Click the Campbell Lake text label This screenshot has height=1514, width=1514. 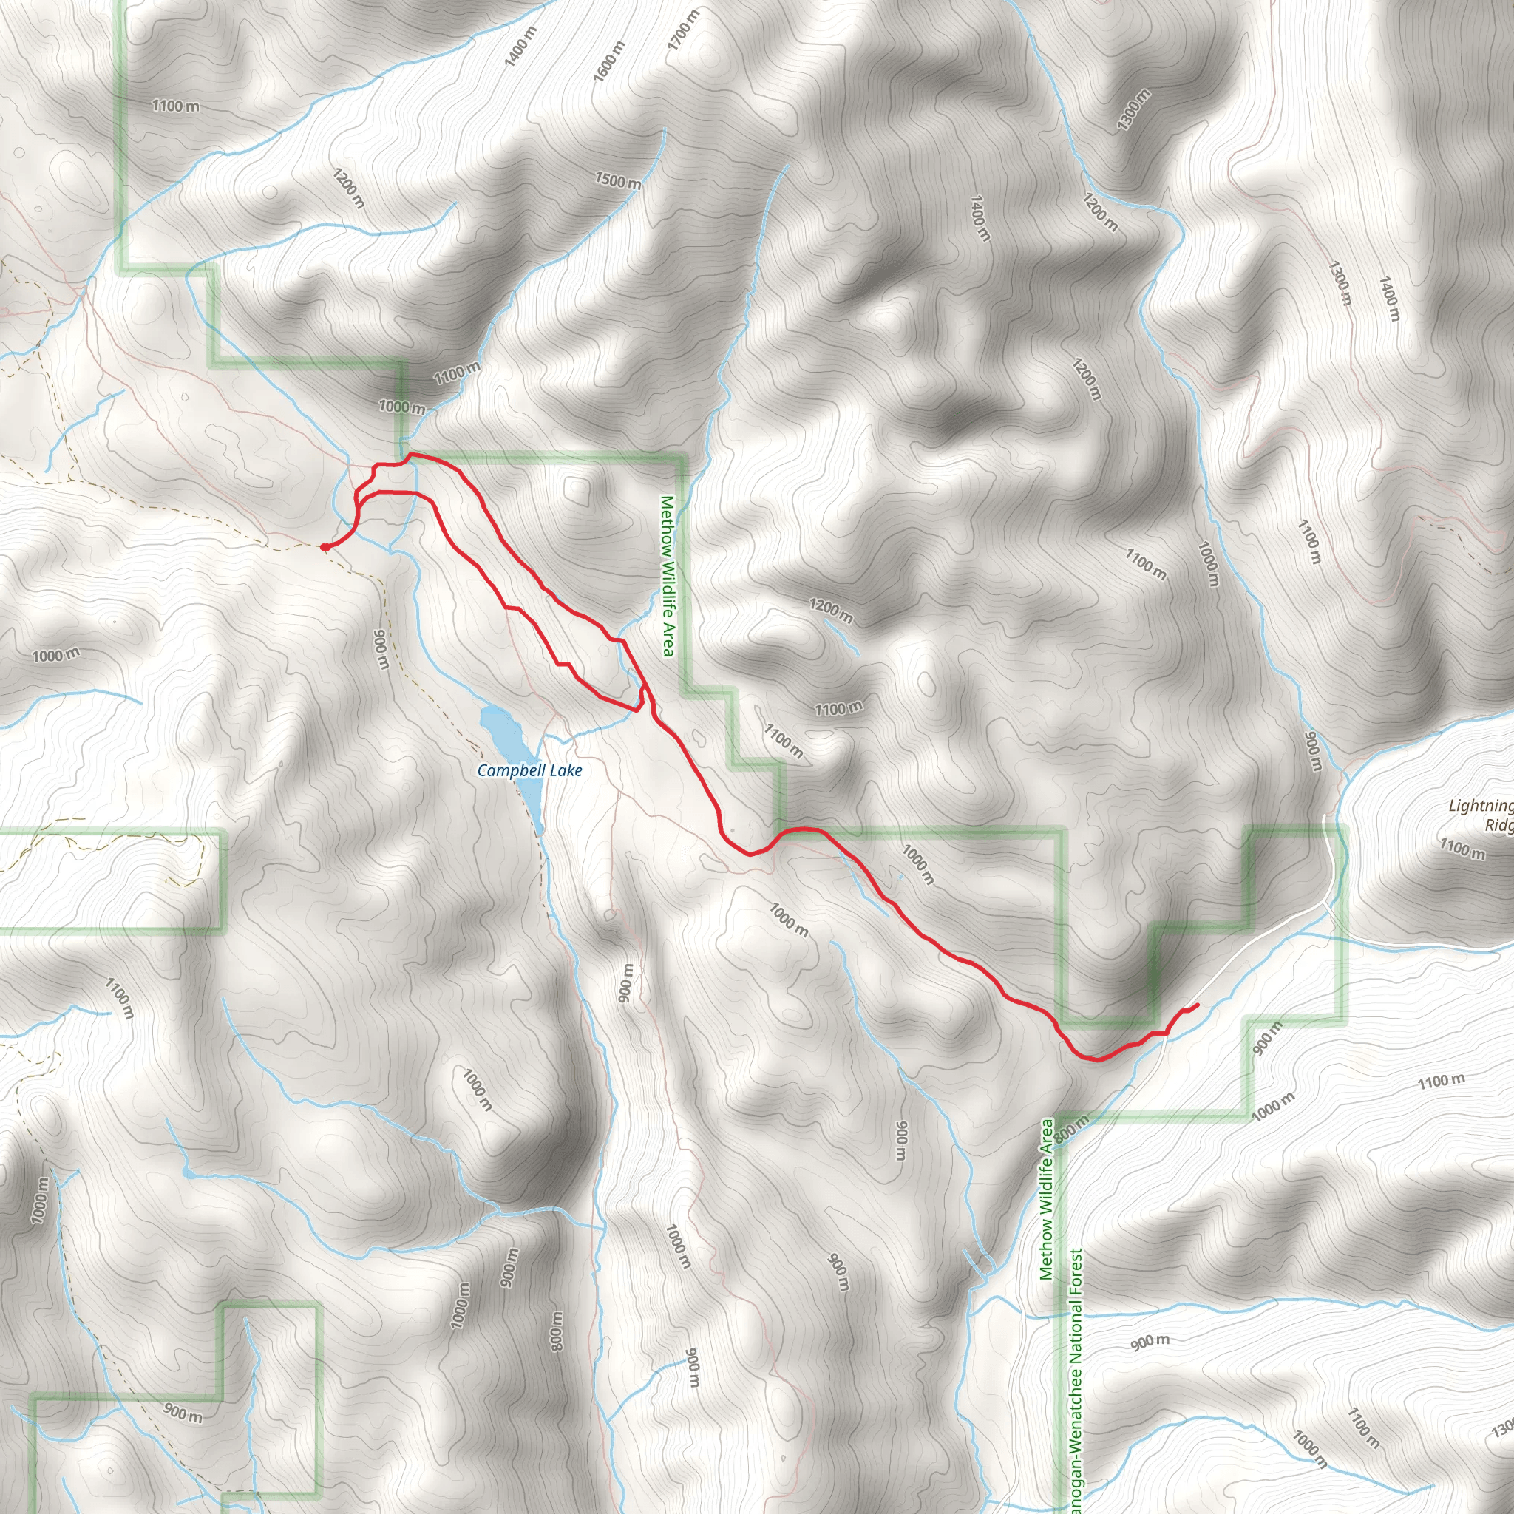[x=530, y=770]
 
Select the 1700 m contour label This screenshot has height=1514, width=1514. [x=682, y=30]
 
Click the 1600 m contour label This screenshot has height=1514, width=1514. [x=609, y=62]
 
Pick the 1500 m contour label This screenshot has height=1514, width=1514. [x=617, y=181]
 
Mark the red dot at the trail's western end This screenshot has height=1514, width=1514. [x=325, y=547]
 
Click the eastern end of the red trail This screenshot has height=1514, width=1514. [x=1198, y=1005]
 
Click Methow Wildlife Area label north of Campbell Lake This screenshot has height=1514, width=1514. [x=667, y=576]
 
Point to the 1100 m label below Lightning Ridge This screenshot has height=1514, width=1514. [x=1462, y=848]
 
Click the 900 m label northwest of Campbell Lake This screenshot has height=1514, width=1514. [x=381, y=650]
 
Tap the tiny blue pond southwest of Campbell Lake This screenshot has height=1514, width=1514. [x=187, y=1172]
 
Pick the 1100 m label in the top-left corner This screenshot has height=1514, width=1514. [x=175, y=106]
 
